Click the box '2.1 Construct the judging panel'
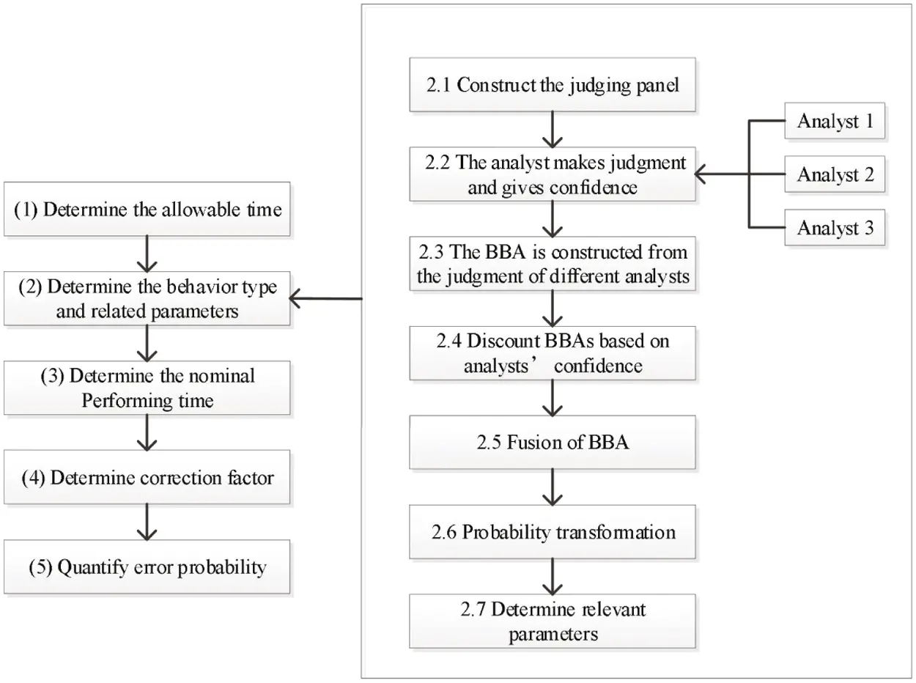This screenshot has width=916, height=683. tap(553, 85)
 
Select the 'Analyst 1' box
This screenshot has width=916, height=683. tap(835, 122)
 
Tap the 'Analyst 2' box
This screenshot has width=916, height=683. tap(835, 175)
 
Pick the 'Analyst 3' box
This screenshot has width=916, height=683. tap(835, 228)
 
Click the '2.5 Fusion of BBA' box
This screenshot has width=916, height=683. tap(553, 444)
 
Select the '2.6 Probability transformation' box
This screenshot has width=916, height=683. tap(553, 532)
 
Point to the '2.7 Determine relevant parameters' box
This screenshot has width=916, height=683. tap(553, 621)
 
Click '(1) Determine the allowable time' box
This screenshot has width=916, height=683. tap(148, 210)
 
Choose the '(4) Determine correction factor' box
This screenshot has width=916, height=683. tap(148, 479)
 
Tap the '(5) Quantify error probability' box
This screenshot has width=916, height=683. tap(148, 566)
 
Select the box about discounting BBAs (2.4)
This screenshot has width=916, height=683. tap(553, 353)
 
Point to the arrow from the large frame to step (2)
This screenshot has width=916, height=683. tap(326, 299)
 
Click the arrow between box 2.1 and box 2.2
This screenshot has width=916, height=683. tap(553, 130)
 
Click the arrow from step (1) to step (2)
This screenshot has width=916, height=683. tap(148, 254)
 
